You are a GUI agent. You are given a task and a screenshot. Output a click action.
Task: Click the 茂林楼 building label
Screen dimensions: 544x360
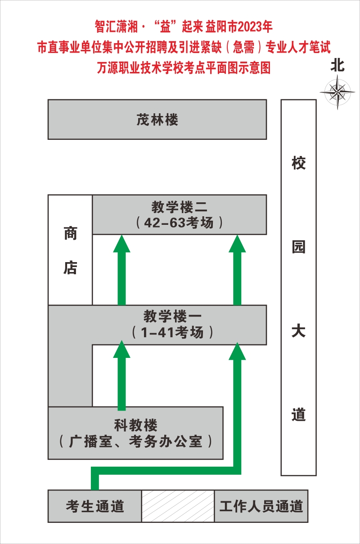pos(157,120)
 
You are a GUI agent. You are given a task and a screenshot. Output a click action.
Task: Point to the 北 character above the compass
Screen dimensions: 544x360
pos(337,66)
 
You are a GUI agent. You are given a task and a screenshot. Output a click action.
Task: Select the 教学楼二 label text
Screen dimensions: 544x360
pos(179,208)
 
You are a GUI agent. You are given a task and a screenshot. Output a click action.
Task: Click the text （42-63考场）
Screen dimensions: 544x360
pos(179,223)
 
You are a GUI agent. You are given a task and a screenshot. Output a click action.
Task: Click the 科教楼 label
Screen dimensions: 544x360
pos(135,424)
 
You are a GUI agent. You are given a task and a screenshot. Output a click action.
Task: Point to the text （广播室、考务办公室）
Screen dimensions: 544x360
pos(135,441)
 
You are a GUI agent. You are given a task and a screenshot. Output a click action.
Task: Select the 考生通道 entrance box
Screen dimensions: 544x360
pos(95,506)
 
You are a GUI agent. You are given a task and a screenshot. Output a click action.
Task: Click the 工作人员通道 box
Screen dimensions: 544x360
pos(261,506)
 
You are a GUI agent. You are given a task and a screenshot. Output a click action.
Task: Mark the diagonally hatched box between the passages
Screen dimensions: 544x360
pos(178,506)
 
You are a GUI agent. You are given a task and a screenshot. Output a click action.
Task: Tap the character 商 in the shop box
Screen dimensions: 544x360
pos(70,234)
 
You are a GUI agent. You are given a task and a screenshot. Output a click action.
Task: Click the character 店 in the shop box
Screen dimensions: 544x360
pos(70,268)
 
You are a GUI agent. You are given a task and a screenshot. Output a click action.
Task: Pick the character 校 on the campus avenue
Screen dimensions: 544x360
pos(298,163)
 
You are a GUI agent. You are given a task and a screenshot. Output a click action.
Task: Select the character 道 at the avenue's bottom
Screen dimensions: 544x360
pos(298,415)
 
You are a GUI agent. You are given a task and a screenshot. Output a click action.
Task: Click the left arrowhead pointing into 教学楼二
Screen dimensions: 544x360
pos(121,244)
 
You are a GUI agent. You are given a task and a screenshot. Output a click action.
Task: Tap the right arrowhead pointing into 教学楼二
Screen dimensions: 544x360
pos(237,244)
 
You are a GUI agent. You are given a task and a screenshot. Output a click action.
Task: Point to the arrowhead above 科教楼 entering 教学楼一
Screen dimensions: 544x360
pos(121,349)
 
